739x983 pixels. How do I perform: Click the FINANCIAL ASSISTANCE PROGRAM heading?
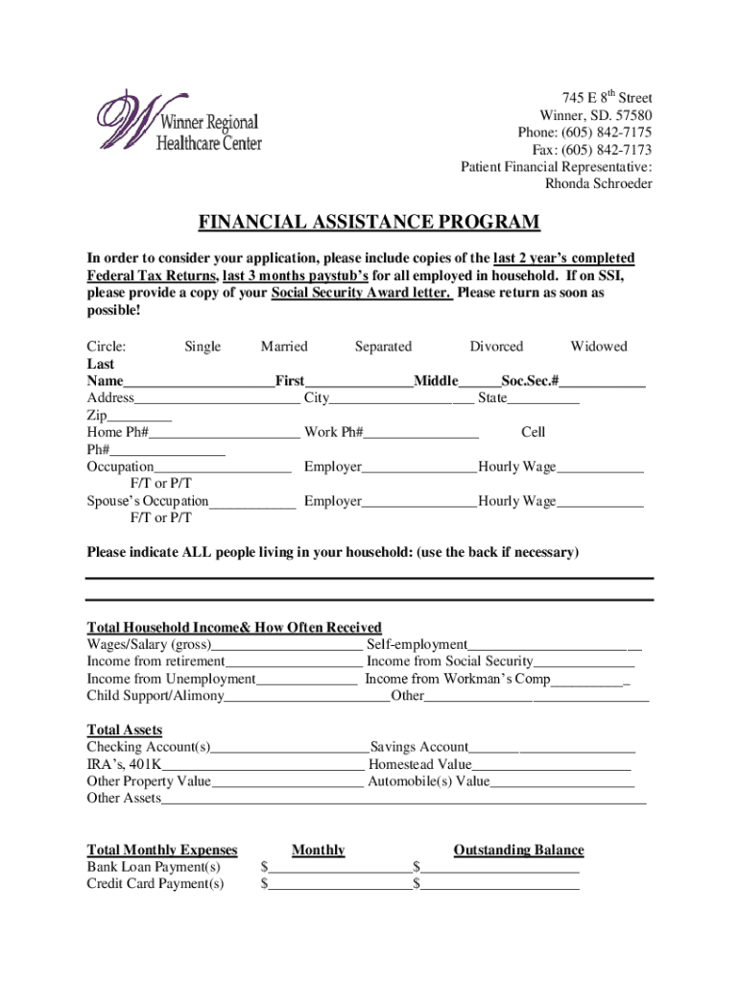pos(369,224)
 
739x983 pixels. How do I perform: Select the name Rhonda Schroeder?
pos(598,183)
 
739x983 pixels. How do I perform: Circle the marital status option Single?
pos(203,347)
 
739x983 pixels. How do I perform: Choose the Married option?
pos(284,347)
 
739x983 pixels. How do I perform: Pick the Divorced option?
pos(496,347)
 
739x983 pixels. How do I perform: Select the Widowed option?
pos(598,347)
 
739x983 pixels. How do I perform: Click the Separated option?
pos(383,347)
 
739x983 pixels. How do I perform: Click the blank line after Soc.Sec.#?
pos(604,383)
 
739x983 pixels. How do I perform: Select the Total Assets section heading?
pos(125,730)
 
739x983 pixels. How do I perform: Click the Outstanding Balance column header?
pos(518,851)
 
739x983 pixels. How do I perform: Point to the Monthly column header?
pos(318,851)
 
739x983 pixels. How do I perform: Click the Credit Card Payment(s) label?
pos(155,884)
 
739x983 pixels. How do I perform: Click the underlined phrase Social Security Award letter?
pos(362,294)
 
